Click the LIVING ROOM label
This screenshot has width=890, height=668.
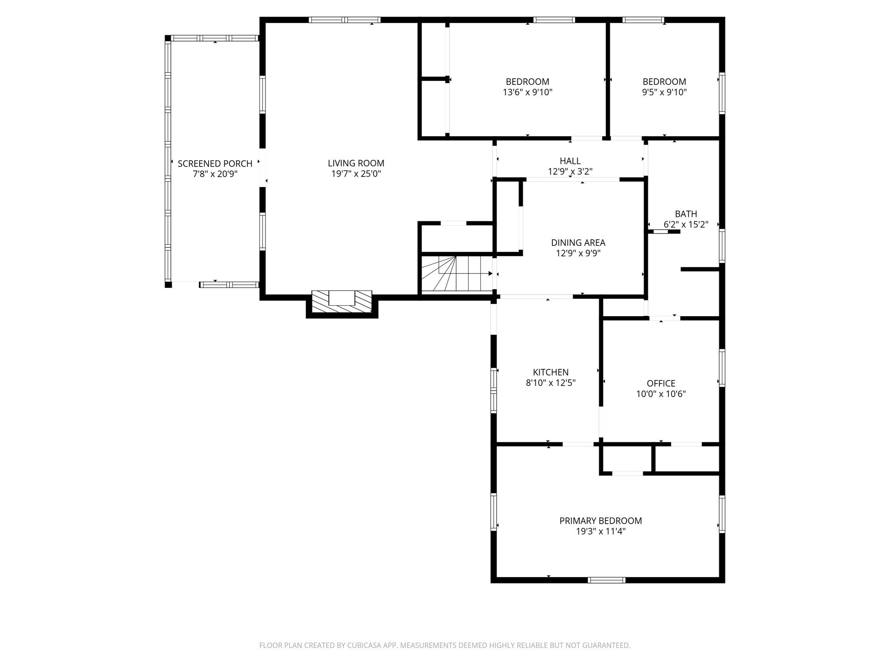pos(356,164)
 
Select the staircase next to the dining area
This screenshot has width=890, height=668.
pos(456,274)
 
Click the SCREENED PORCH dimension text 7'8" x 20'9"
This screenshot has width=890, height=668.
pos(215,174)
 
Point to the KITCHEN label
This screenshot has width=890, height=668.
pos(551,372)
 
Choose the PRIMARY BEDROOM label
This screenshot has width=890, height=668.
pos(601,521)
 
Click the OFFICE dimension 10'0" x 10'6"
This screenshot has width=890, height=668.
pos(661,394)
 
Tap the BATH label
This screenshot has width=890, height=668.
pos(686,214)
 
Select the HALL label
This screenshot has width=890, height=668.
pos(570,161)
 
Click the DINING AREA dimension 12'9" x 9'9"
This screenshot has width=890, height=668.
pos(578,254)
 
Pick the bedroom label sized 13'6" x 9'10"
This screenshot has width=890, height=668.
pos(527,82)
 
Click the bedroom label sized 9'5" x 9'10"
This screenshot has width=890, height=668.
pos(664,82)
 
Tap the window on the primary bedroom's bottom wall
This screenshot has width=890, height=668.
pos(607,580)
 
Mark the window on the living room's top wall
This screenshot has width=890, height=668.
pos(345,20)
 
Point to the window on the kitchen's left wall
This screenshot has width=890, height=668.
pos(494,390)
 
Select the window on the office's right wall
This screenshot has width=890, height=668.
pos(722,368)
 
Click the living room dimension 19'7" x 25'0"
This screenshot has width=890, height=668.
pos(356,174)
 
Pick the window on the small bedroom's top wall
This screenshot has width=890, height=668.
pos(643,20)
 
